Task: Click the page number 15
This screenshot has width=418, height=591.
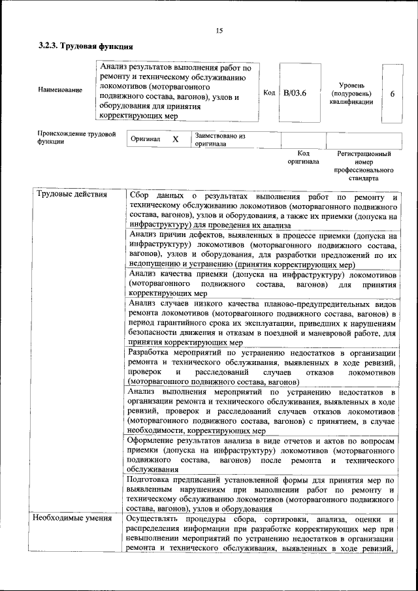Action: click(219, 31)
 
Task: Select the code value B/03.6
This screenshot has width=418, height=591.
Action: click(295, 93)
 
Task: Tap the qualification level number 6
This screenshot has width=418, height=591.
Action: click(393, 93)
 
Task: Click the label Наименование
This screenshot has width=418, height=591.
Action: click(61, 89)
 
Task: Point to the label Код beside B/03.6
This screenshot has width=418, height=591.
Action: click(269, 93)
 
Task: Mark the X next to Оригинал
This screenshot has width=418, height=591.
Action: click(176, 140)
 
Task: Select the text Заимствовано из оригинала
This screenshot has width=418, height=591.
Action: click(219, 140)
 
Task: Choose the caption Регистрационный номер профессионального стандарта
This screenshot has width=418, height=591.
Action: click(364, 166)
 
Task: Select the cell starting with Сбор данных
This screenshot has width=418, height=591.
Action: click(263, 210)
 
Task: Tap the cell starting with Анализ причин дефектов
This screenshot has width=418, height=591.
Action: click(263, 249)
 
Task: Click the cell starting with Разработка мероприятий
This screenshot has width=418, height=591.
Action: click(263, 366)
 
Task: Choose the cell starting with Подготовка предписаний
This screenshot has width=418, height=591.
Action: click(263, 494)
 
